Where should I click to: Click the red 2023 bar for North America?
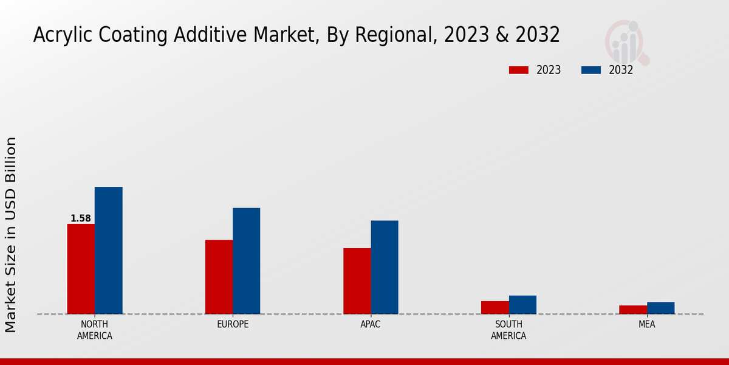click(x=81, y=269)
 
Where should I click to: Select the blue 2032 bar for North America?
click(x=108, y=250)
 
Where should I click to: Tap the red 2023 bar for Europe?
click(x=219, y=277)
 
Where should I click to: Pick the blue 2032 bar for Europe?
click(x=246, y=261)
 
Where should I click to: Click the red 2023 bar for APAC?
click(x=357, y=281)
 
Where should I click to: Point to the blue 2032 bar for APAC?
click(x=385, y=267)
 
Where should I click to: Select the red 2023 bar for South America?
click(x=495, y=307)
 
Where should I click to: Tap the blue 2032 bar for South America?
click(x=522, y=305)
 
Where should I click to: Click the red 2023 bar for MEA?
click(x=633, y=310)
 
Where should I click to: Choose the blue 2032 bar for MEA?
click(x=660, y=308)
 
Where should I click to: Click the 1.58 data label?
click(x=81, y=218)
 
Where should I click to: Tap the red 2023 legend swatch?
click(x=519, y=70)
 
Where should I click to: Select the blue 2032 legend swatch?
click(x=590, y=70)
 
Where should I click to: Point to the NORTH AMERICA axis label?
click(x=95, y=330)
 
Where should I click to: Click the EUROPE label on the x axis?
click(x=233, y=324)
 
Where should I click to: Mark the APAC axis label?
click(x=371, y=324)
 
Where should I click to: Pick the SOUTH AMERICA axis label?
click(x=508, y=330)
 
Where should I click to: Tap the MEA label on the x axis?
click(x=646, y=324)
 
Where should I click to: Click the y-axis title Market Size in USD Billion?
click(x=11, y=234)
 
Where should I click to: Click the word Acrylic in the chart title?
click(x=58, y=35)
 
